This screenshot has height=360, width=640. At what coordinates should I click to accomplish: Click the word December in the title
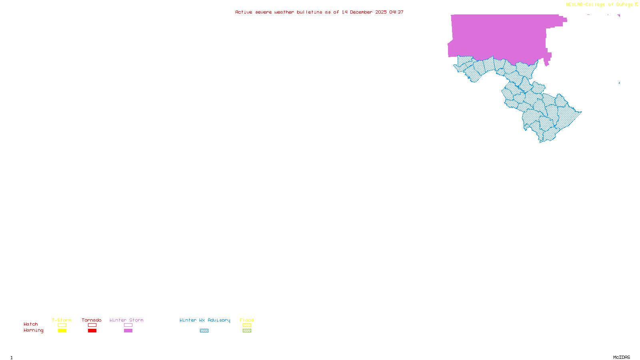361,12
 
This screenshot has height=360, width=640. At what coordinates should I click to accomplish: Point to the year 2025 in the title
381,12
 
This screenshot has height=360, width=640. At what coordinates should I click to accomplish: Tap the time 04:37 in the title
396,12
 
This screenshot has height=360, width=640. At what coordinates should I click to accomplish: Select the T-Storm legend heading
62,320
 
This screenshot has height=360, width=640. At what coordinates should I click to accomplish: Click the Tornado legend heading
92,320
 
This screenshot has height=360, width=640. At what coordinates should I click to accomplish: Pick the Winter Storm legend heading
126,320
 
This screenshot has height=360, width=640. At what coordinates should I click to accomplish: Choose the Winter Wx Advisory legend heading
205,320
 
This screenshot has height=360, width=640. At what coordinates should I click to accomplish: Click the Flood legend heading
247,320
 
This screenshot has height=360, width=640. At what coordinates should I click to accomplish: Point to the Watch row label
31,324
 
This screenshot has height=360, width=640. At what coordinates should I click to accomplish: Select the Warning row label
34,330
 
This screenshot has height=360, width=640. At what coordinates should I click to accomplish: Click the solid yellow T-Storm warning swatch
62,331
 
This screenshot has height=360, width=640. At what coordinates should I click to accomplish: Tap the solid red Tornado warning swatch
92,331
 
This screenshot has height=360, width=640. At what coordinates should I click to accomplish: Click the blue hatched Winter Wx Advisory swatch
204,331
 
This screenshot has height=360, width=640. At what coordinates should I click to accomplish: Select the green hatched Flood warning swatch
247,331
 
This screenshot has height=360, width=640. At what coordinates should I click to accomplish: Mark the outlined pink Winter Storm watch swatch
128,325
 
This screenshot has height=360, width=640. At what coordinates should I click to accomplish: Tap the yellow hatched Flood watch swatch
247,325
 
